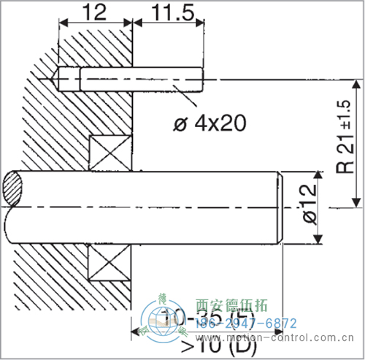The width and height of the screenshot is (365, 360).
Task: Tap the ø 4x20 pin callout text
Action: [x=208, y=122]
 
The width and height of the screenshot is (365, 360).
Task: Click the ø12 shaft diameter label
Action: [x=307, y=207]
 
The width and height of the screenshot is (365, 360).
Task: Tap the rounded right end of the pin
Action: [x=198, y=77]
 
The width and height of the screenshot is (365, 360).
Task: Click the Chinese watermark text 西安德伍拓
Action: [x=233, y=306]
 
